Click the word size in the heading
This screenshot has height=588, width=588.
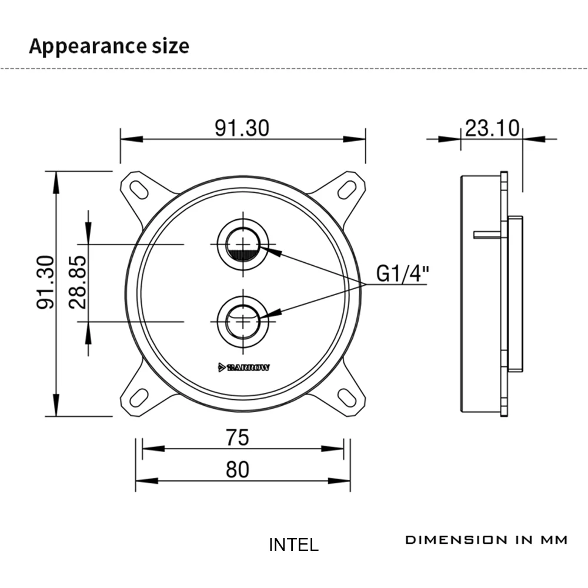pos(171,46)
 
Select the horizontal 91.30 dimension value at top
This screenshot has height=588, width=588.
pos(242,128)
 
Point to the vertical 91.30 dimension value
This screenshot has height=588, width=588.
pos(45,282)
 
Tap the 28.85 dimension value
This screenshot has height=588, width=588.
pos(78,282)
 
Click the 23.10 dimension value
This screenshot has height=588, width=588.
pos(492,128)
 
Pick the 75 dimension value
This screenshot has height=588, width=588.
pos(237,437)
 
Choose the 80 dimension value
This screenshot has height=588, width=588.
pos(237,469)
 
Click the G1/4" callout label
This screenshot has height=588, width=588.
pos(402,273)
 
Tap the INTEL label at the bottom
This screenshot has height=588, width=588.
pos(293,545)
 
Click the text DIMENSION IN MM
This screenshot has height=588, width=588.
pos(486,540)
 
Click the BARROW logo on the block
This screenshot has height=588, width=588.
pos(243,367)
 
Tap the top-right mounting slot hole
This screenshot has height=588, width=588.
pos(346,190)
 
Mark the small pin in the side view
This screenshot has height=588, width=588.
pos(487,235)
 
